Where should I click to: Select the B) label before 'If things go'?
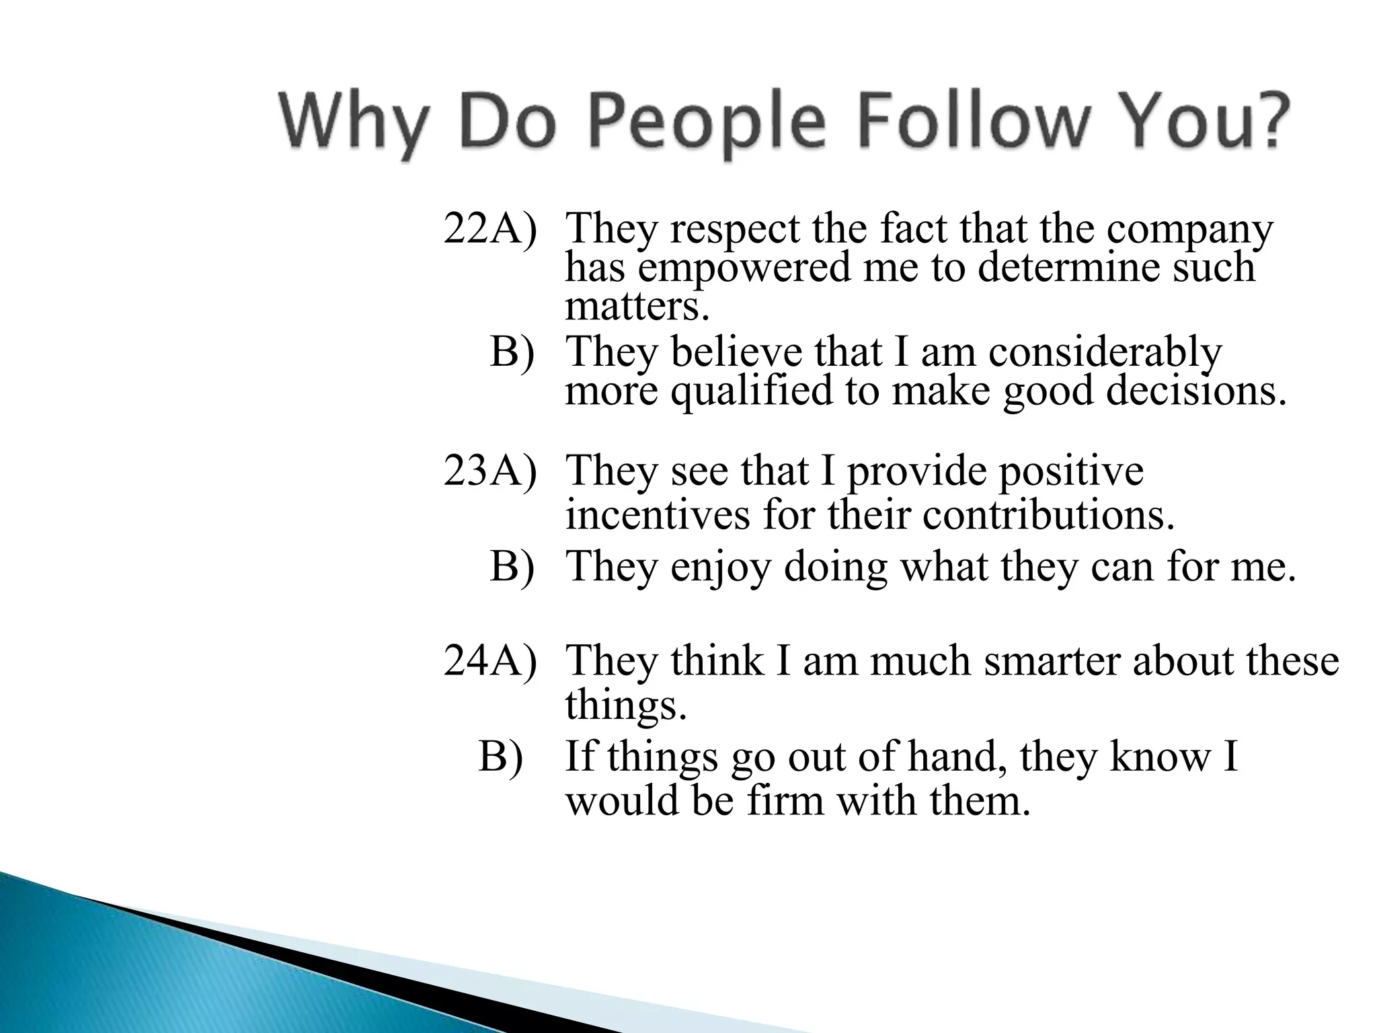point(501,756)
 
